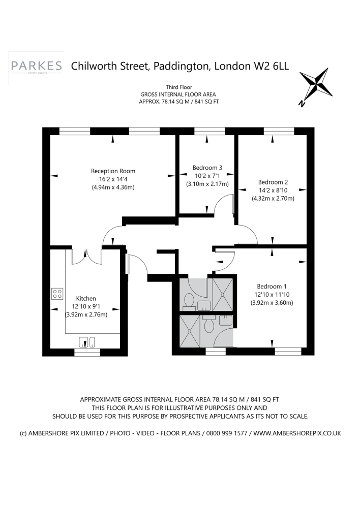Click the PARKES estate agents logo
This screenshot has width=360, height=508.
click(36, 67)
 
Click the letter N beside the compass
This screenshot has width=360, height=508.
click(302, 104)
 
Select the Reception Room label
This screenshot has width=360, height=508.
click(113, 171)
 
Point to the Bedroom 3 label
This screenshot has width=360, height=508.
click(207, 168)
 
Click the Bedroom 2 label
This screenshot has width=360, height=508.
click(273, 182)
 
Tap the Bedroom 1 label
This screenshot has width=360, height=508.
click(272, 287)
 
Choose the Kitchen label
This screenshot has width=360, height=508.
click(86, 298)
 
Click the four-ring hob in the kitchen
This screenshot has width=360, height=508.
click(57, 294)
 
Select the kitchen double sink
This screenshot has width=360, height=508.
click(87, 342)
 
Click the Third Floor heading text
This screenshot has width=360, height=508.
click(179, 87)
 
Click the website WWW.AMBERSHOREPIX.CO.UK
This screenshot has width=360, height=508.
click(297, 433)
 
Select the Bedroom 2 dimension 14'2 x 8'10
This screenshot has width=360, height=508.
click(273, 190)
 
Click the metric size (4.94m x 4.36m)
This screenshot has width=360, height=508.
click(113, 187)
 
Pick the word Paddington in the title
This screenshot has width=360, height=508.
click(181, 67)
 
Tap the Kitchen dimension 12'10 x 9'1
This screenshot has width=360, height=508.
click(86, 306)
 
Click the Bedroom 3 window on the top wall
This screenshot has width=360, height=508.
click(209, 131)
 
